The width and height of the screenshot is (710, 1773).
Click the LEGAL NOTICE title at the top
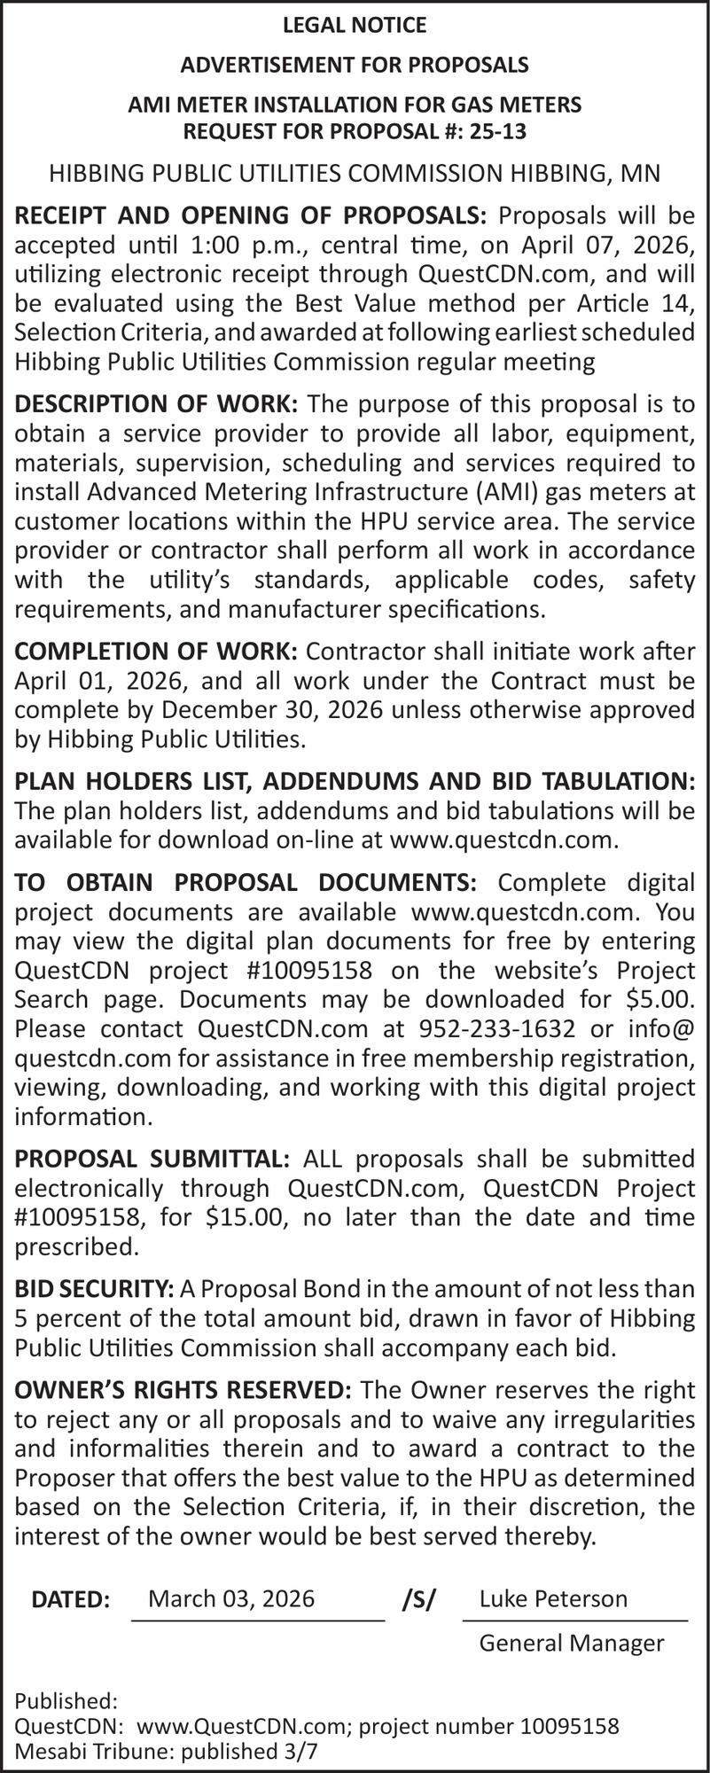355,26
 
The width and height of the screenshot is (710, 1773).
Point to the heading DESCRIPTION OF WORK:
157,404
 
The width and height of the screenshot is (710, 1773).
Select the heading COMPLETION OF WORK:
157,652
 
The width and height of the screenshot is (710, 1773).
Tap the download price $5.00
659,998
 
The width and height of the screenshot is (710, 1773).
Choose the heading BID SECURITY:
94,1289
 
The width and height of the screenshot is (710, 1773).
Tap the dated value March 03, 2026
231,1598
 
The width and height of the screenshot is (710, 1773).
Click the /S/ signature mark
417,1600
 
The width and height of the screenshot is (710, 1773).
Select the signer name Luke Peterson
553,1598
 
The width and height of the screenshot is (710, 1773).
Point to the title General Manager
572,1643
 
